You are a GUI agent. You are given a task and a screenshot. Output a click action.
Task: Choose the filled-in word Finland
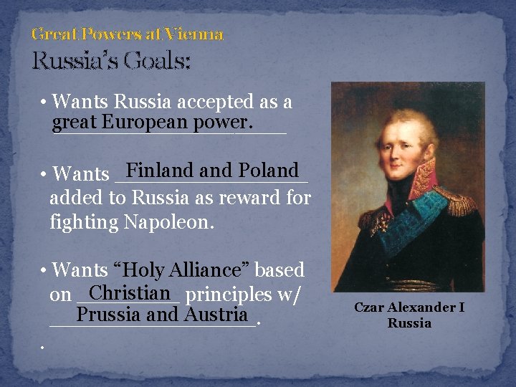[x=161, y=171]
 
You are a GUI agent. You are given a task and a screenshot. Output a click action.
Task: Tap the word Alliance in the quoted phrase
[x=209, y=270]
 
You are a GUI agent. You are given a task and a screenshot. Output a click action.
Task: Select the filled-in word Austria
[x=216, y=315]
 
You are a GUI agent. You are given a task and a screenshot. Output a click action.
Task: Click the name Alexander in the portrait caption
[x=422, y=307]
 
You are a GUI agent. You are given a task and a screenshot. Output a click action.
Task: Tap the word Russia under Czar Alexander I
[x=409, y=323]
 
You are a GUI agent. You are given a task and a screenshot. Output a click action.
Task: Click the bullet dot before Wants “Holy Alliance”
[x=44, y=271]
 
